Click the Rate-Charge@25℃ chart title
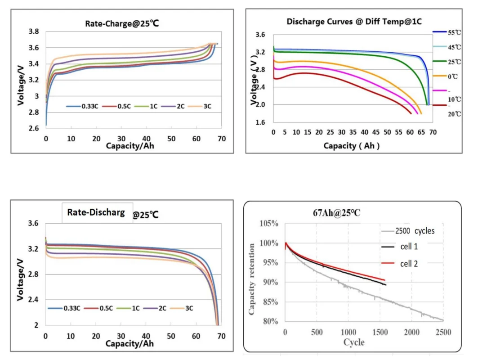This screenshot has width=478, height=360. click(122, 23)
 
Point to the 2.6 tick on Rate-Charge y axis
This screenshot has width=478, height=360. click(33, 128)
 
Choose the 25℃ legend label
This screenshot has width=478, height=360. click(455, 62)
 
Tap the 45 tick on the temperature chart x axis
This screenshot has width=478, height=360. click(376, 132)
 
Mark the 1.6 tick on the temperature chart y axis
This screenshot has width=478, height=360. click(260, 122)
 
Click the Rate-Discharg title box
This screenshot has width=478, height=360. click(96, 212)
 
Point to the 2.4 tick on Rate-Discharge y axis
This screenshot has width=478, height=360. click(33, 300)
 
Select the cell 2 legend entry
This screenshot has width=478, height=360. click(408, 264)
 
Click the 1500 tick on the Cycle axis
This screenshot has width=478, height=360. click(380, 332)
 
